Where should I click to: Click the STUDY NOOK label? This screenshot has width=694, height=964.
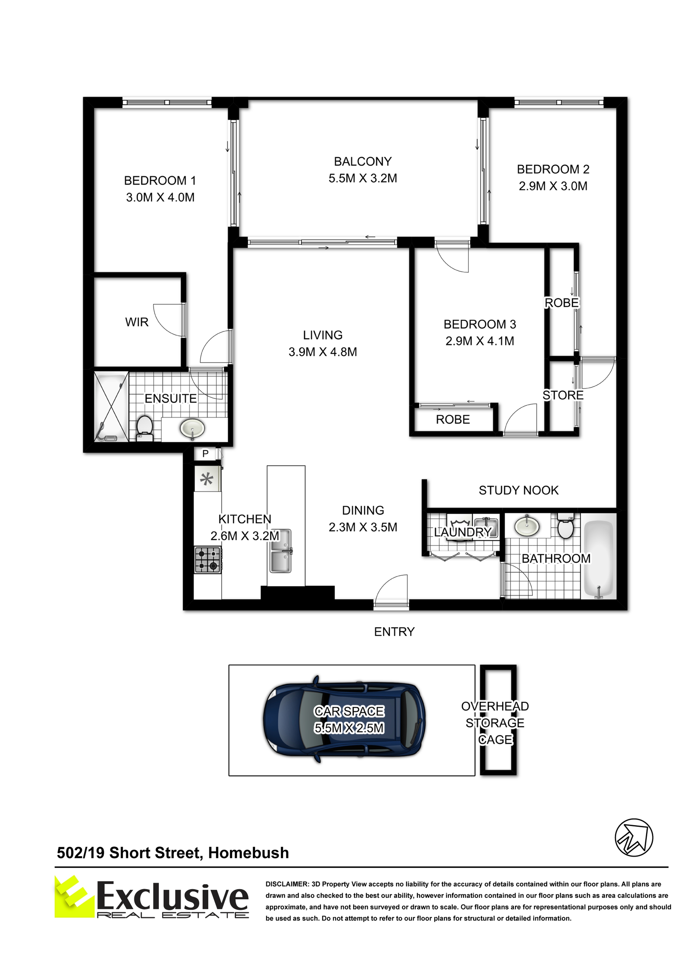518,490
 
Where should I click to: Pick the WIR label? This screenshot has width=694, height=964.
137,322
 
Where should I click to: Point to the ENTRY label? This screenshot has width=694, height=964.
394,632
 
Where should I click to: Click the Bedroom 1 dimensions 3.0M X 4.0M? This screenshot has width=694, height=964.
160,197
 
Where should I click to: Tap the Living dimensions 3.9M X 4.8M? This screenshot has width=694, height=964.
323,352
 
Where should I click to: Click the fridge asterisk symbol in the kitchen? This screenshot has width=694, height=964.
207,479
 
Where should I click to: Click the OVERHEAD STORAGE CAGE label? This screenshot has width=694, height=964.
495,723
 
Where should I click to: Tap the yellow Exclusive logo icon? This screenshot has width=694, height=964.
75,896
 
